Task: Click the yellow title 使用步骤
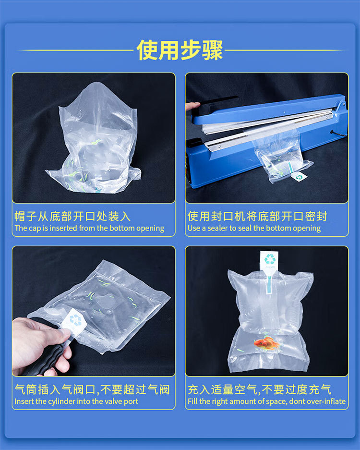click(x=180, y=50)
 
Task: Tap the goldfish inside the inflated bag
click(x=267, y=343)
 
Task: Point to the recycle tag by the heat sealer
click(x=299, y=177)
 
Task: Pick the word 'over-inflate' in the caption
click(x=324, y=401)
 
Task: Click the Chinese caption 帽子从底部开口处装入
click(x=72, y=216)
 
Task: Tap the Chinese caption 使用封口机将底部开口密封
click(x=257, y=216)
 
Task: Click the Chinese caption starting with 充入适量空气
click(x=259, y=389)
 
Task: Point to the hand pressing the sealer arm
click(x=192, y=106)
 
